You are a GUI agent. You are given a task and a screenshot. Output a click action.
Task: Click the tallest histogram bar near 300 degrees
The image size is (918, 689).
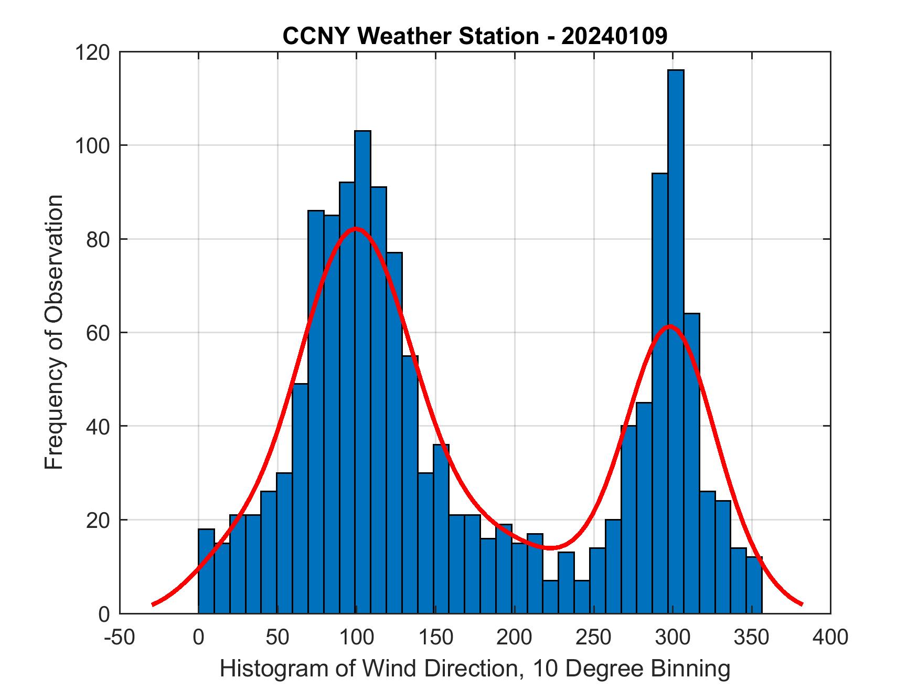(x=676, y=341)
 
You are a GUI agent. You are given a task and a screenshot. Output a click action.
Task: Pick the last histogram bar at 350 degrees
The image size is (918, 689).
(x=754, y=585)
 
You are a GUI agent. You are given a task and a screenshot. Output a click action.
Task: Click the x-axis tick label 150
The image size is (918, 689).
(x=435, y=638)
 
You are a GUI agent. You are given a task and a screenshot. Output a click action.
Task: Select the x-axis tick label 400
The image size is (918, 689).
(x=830, y=638)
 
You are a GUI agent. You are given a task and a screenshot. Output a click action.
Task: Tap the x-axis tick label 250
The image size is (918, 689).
(x=593, y=638)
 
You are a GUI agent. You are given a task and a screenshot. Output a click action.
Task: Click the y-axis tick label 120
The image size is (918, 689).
(x=92, y=52)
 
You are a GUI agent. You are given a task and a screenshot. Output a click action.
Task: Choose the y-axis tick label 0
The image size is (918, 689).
(x=104, y=613)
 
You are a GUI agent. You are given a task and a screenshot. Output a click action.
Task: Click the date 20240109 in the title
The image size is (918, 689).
(x=614, y=36)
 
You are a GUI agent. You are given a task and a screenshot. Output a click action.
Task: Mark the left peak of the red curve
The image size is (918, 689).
(x=356, y=228)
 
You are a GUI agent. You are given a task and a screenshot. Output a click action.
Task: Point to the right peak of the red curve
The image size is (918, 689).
(x=669, y=326)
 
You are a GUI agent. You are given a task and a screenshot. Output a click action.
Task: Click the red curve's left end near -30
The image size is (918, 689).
(x=153, y=604)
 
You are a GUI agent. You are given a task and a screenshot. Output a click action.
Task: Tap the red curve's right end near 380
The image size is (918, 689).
(x=802, y=604)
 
